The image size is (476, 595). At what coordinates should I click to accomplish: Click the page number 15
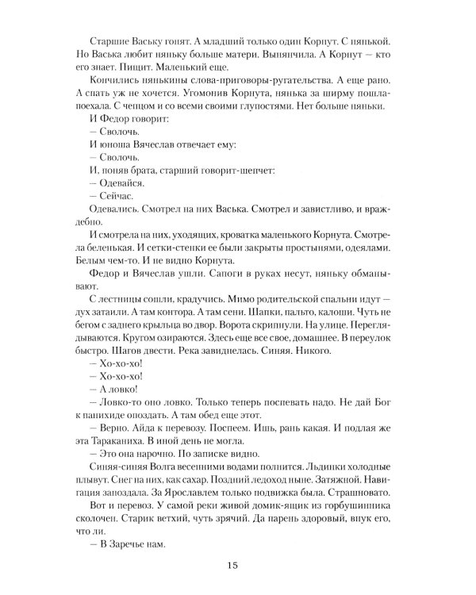click(x=232, y=566)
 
